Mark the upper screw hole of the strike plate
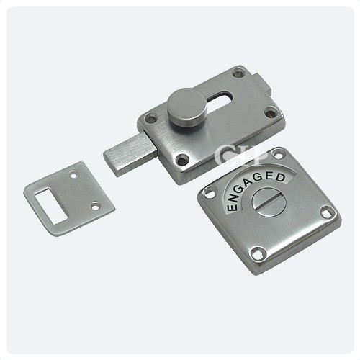[x=75, y=174]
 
